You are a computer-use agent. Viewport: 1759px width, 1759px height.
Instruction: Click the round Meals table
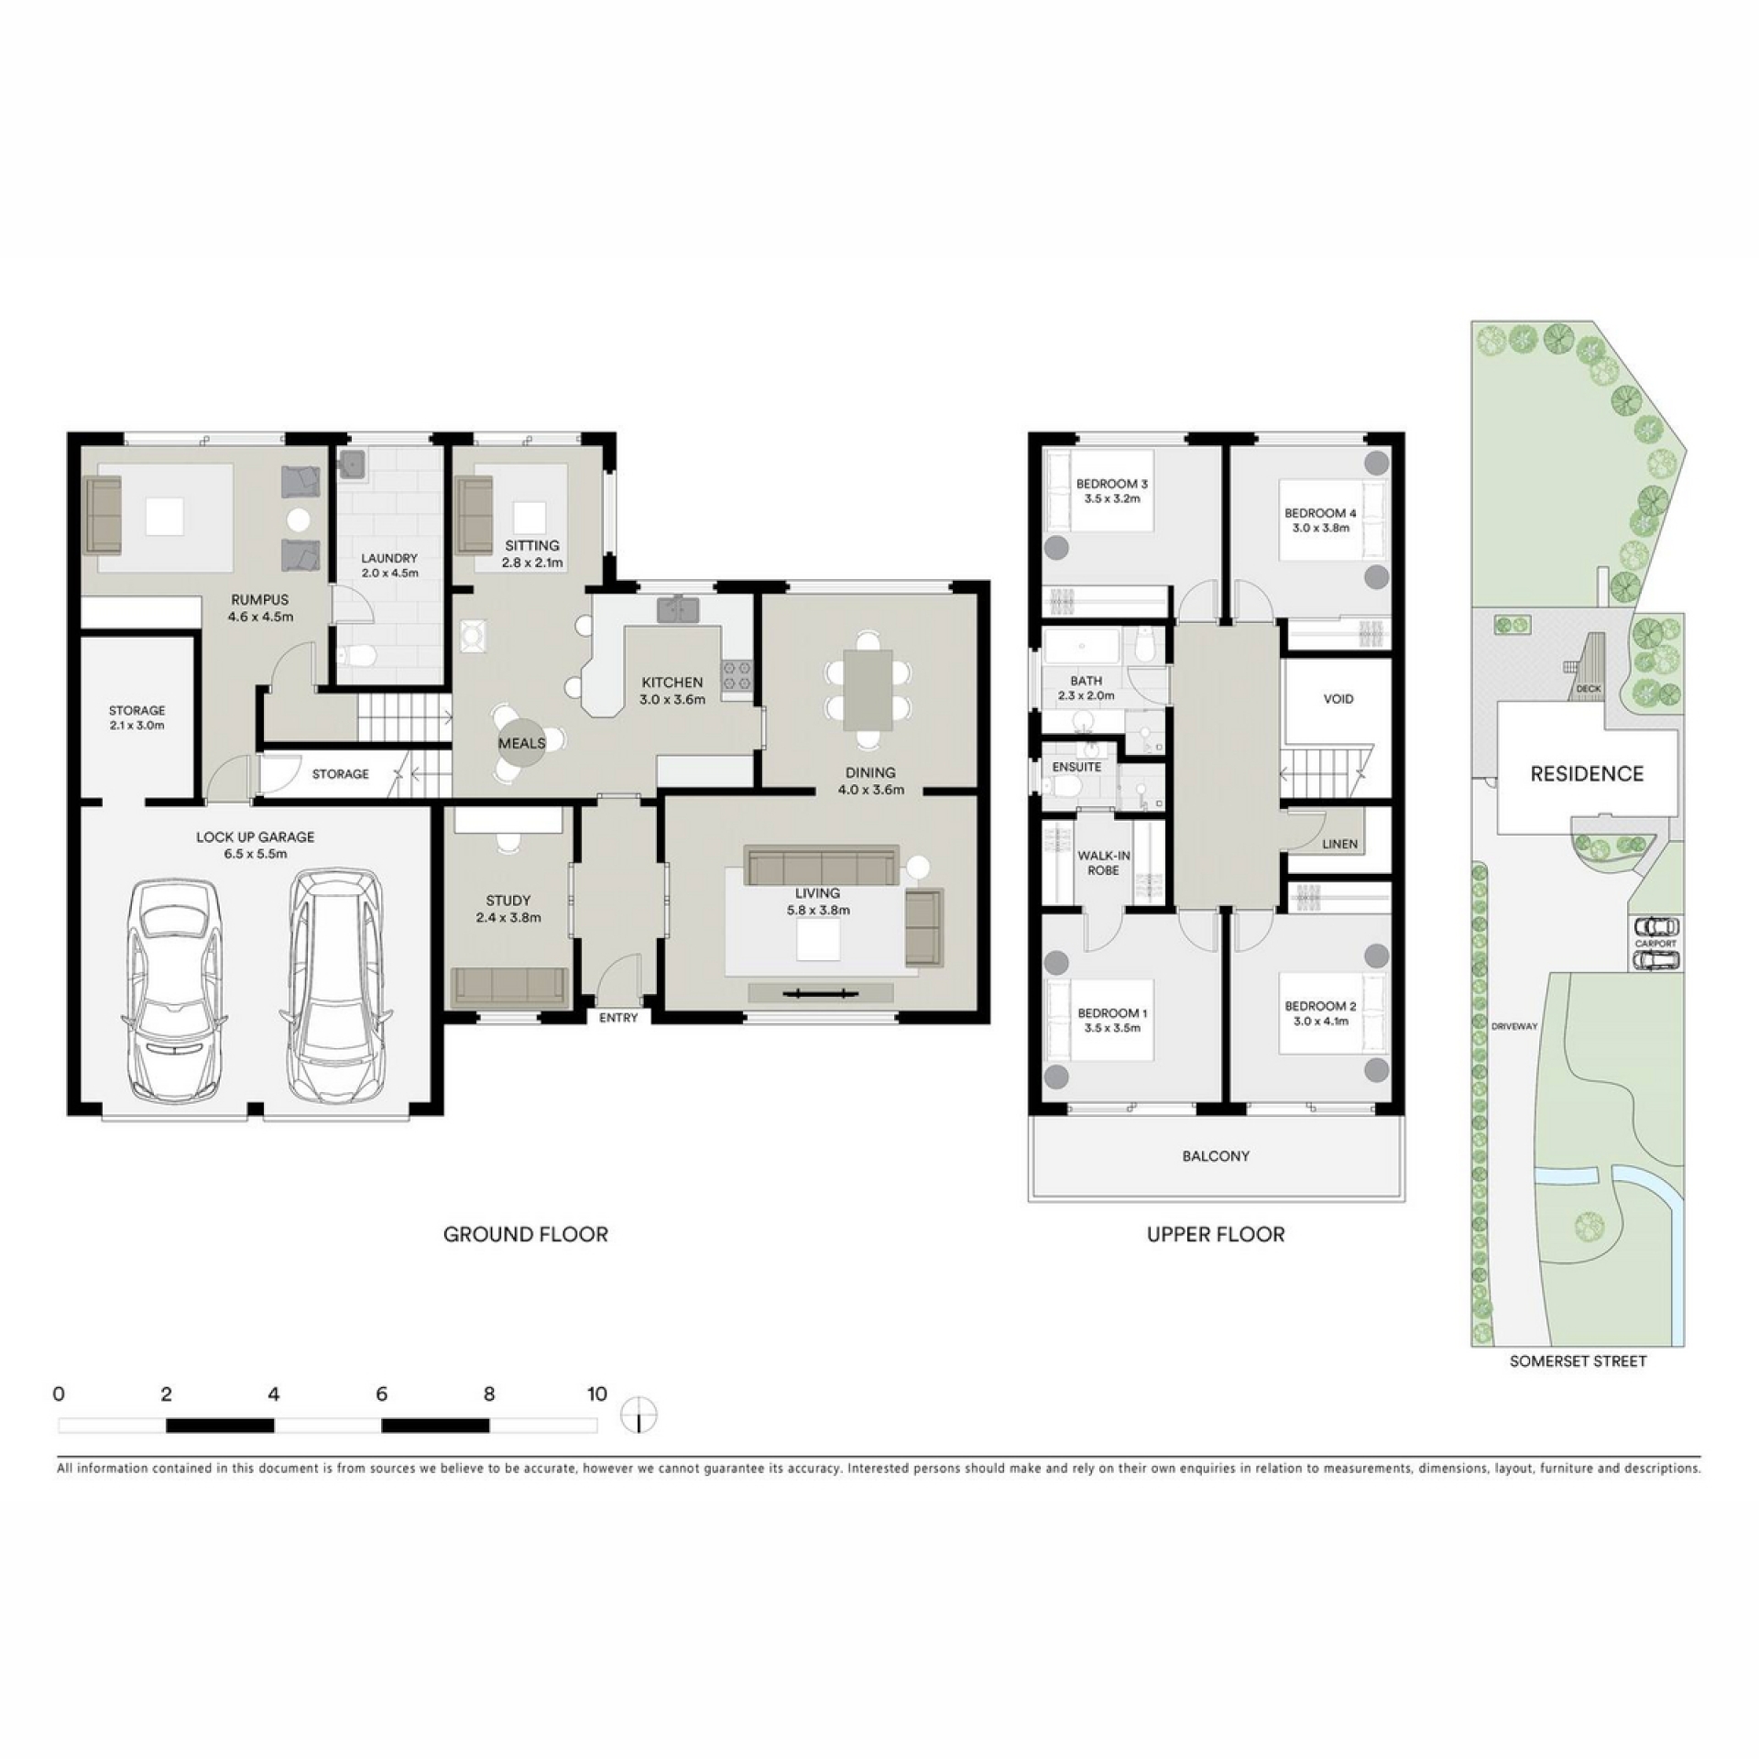(521, 743)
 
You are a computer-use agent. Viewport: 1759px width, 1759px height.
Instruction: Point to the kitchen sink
(678, 609)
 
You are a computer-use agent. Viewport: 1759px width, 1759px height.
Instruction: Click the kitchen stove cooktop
(736, 676)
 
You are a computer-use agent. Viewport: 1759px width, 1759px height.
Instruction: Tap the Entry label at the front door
(618, 1018)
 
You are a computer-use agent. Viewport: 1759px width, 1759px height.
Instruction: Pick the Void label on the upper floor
(1338, 699)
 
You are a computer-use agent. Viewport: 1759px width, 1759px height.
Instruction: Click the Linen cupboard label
(1340, 844)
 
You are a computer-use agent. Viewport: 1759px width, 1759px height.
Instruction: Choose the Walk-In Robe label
(1104, 863)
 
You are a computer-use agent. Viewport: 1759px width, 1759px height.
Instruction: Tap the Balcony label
(1216, 1156)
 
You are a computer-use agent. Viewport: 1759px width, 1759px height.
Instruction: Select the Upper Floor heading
(1216, 1234)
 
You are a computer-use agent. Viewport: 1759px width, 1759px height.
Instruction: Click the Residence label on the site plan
(1587, 774)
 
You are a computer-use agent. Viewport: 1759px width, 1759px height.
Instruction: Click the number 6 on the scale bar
(381, 1393)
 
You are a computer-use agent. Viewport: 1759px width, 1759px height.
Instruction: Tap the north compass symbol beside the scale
(639, 1415)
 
